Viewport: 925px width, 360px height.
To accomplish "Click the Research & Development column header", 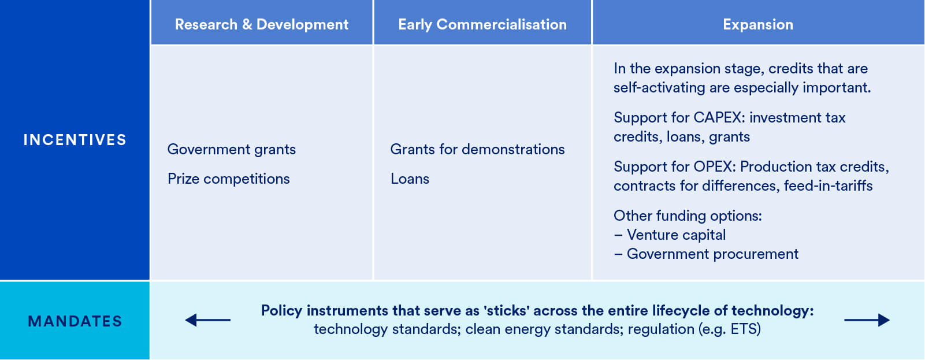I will click(x=261, y=24).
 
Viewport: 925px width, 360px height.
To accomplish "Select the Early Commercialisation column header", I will click(x=482, y=24).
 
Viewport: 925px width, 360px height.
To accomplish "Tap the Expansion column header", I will click(x=757, y=24).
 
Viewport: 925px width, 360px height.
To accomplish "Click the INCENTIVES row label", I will click(x=75, y=140).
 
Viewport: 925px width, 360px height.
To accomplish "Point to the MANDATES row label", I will click(x=75, y=321).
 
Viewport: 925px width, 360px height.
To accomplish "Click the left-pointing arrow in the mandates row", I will click(x=207, y=320).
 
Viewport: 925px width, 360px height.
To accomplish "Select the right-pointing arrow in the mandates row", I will click(x=867, y=320).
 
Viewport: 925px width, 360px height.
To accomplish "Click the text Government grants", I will click(x=231, y=149).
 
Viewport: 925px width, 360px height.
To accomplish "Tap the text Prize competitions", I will click(x=228, y=179).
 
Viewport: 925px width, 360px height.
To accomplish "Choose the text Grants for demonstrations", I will click(x=477, y=149).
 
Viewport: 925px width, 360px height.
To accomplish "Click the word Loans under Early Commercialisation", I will click(x=410, y=179).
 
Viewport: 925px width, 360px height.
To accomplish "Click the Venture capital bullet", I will click(x=675, y=235).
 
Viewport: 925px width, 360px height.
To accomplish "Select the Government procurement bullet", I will click(x=712, y=254).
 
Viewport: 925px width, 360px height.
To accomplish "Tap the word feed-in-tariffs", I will click(x=828, y=185).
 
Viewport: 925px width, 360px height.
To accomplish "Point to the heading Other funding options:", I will click(x=688, y=216).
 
